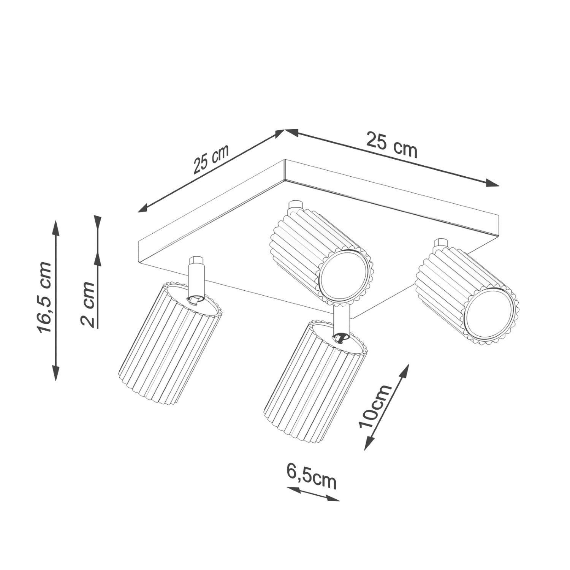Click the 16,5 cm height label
pyautogui.click(x=44, y=297)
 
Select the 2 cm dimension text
pyautogui.click(x=88, y=304)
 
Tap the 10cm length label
pyautogui.click(x=375, y=406)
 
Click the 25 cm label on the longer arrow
pyautogui.click(x=391, y=144)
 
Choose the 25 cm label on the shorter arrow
pyautogui.click(x=211, y=158)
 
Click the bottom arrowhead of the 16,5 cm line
pyautogui.click(x=56, y=374)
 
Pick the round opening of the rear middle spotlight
pyautogui.click(x=344, y=276)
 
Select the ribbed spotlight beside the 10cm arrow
pyautogui.click(x=312, y=384)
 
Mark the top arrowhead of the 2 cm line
pyautogui.click(x=98, y=220)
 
